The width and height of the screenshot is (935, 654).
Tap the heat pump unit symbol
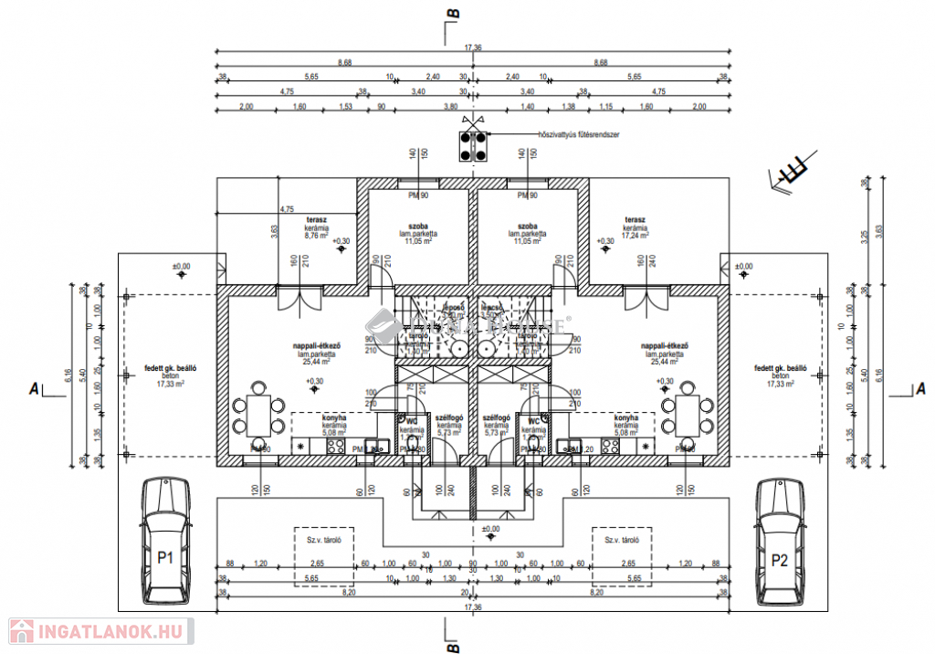[x=473, y=146]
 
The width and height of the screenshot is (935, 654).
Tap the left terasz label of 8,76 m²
[x=317, y=227]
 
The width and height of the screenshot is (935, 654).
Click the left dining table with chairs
[x=258, y=414]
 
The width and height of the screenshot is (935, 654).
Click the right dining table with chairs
[x=687, y=414]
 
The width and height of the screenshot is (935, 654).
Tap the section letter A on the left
[x=34, y=390]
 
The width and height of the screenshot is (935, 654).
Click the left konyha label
[x=334, y=422]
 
